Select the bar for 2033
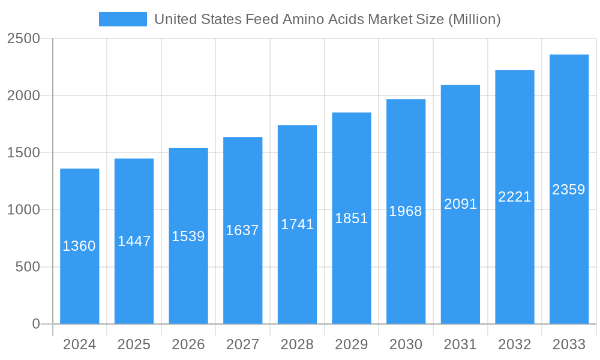569,252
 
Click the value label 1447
134,241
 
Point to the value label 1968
406,211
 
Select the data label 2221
515,197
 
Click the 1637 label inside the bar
242,230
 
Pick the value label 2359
569,190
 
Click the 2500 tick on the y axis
23,39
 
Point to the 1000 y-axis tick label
23,210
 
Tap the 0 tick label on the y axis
35,324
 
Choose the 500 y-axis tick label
28,267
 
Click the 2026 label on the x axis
188,344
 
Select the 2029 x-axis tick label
352,344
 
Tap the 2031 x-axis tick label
460,344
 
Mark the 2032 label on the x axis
515,344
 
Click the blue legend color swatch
123,19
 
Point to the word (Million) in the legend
474,19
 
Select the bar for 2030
406,270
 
